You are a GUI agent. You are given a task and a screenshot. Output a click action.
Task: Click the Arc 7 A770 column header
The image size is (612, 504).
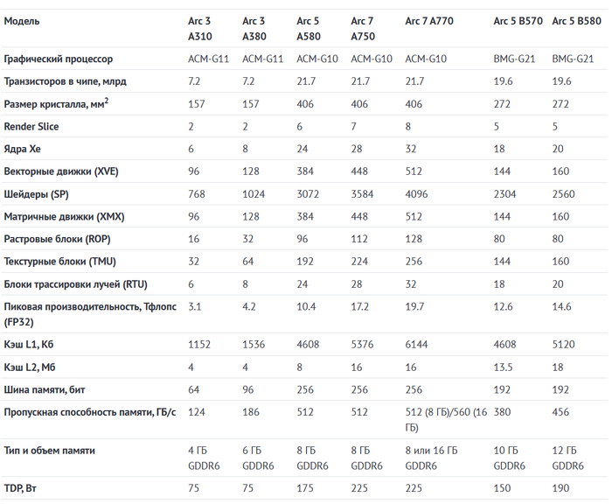(434, 20)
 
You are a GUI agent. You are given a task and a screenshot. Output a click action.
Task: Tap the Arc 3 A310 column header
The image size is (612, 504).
(203, 28)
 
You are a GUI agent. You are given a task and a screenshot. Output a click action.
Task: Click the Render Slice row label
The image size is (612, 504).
(31, 127)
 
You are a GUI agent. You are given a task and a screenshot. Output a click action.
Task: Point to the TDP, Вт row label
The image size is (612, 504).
(26, 487)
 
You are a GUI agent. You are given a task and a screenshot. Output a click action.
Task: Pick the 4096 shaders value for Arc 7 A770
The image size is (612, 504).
(417, 194)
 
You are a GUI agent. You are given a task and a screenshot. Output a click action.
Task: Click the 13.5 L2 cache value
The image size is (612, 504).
(504, 367)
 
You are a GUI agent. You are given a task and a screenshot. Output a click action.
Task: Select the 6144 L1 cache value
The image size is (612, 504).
(417, 345)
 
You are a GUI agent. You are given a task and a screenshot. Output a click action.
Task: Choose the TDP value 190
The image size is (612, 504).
(560, 487)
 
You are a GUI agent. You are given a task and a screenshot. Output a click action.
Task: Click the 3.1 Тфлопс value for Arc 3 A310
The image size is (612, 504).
(195, 307)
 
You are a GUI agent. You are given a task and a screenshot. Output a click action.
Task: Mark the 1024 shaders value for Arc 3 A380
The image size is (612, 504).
(254, 194)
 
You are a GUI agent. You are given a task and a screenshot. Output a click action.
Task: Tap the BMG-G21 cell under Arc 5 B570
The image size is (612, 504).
(514, 59)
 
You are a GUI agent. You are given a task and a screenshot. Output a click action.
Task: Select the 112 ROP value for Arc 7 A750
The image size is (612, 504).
(360, 239)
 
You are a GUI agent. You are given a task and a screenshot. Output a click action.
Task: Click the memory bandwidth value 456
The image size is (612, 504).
(560, 412)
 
